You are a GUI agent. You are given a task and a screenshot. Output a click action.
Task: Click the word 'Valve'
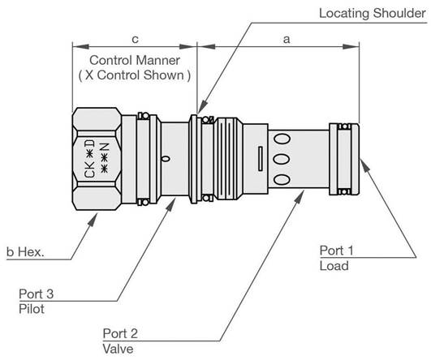(x=119, y=350)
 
